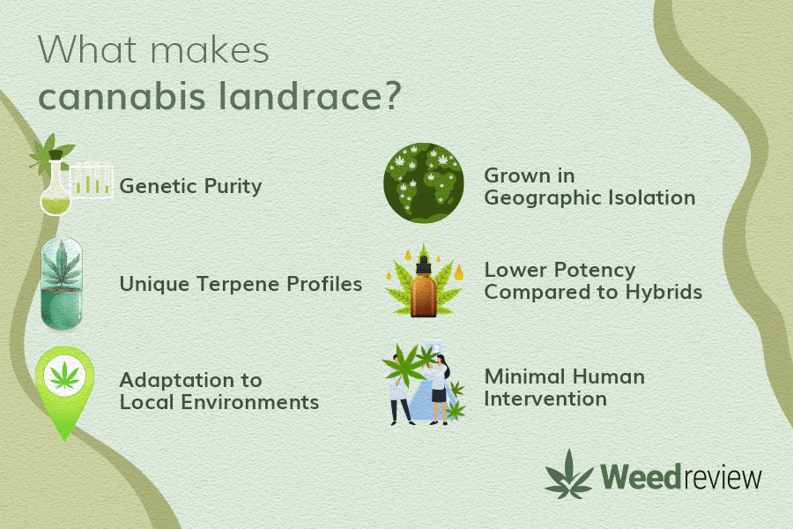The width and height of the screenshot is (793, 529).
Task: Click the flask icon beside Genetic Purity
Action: pyautogui.click(x=56, y=187)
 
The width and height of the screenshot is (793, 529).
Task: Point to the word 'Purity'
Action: pyautogui.click(x=233, y=187)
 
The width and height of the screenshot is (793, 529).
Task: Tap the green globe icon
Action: pyautogui.click(x=424, y=183)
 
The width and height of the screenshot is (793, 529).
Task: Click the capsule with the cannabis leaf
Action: pyautogui.click(x=62, y=284)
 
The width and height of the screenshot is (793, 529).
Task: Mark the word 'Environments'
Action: pyautogui.click(x=250, y=402)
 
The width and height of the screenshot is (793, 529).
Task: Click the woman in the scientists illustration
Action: pyautogui.click(x=439, y=388)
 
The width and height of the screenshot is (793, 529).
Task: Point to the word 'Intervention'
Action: pyautogui.click(x=545, y=399)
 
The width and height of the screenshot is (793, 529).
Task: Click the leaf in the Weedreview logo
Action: pyautogui.click(x=569, y=475)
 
